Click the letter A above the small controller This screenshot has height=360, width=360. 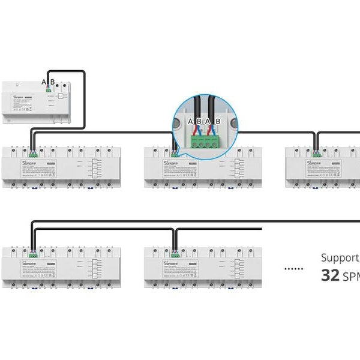click(x=43, y=82)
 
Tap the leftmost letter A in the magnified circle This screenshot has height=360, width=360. click(x=191, y=122)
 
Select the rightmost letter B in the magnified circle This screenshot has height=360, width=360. click(x=218, y=122)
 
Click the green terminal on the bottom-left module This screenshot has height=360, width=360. click(x=32, y=254)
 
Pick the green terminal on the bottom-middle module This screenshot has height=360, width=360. click(x=175, y=254)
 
